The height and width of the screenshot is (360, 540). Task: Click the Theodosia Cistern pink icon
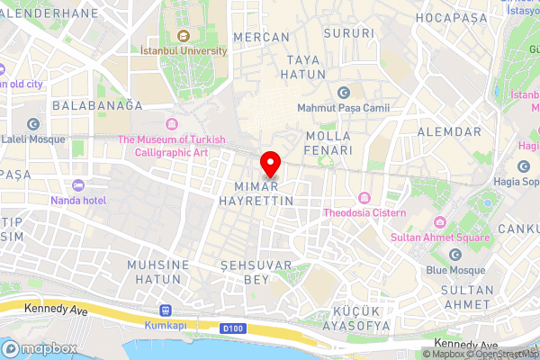(x=364, y=198)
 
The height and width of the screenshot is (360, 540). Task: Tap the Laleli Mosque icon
(x=33, y=124)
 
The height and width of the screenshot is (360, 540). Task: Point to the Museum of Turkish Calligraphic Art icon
(x=171, y=124)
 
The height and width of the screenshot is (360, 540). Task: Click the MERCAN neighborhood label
(x=261, y=37)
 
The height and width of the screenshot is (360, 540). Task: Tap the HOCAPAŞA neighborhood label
(x=452, y=16)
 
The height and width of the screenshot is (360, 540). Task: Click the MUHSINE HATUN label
(x=158, y=272)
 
